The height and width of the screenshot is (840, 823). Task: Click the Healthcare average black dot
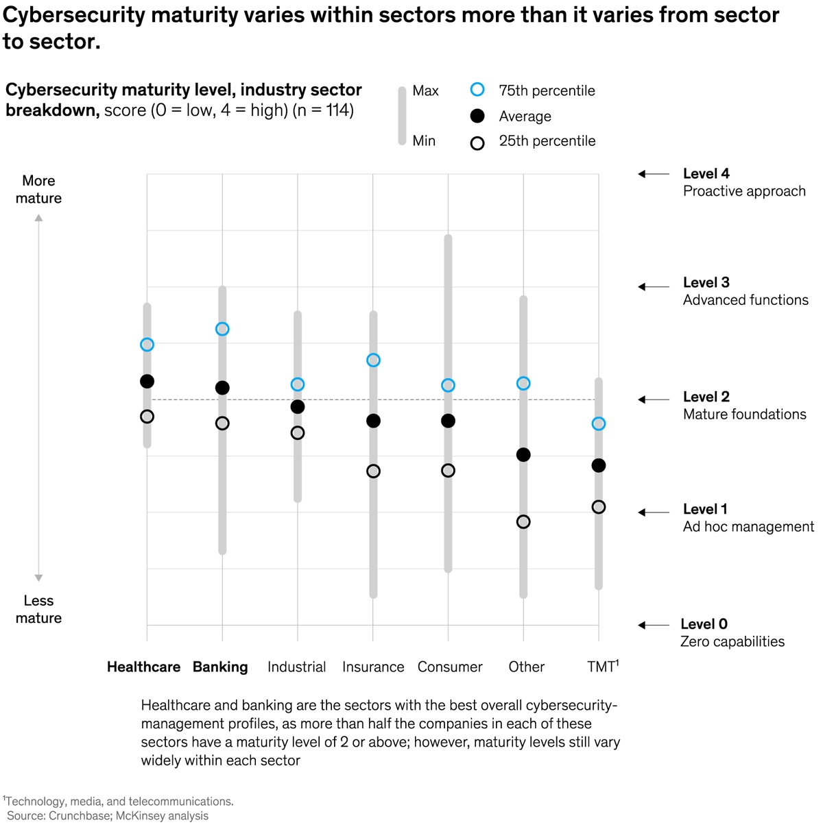pyautogui.click(x=147, y=382)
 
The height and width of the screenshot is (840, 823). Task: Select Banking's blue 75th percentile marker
pyautogui.click(x=222, y=330)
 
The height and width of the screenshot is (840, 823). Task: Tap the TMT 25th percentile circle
pyautogui.click(x=599, y=507)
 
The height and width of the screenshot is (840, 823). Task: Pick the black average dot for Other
pyautogui.click(x=523, y=455)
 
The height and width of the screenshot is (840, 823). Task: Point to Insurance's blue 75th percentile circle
pyautogui.click(x=373, y=360)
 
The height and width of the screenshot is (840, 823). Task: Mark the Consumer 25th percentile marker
pyautogui.click(x=448, y=471)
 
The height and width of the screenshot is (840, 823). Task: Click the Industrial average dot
pyautogui.click(x=298, y=407)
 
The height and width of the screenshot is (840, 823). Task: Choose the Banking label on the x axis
pyautogui.click(x=220, y=667)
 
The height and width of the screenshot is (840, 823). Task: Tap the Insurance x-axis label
pyautogui.click(x=373, y=667)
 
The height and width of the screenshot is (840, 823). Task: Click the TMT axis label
pyautogui.click(x=602, y=667)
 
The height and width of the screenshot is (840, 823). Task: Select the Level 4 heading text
pyautogui.click(x=706, y=174)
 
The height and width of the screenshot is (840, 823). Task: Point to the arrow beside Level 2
pyautogui.click(x=653, y=399)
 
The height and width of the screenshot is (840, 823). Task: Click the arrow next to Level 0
pyautogui.click(x=653, y=625)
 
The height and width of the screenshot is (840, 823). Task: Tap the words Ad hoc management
pyautogui.click(x=748, y=527)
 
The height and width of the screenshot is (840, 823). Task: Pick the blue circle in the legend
pyautogui.click(x=477, y=90)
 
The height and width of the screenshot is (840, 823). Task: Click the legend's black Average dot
pyautogui.click(x=477, y=116)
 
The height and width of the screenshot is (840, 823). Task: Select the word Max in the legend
pyautogui.click(x=425, y=91)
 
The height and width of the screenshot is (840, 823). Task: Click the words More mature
pyautogui.click(x=38, y=190)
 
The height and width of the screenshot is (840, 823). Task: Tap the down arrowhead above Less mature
pyautogui.click(x=39, y=578)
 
